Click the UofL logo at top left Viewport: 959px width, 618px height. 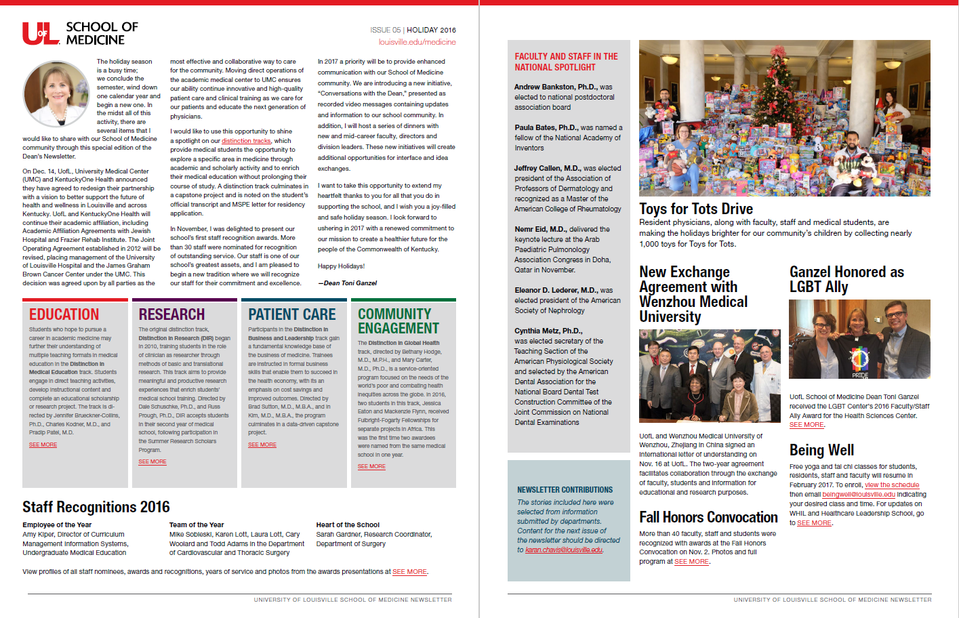(x=40, y=33)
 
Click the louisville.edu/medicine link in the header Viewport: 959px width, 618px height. (x=417, y=42)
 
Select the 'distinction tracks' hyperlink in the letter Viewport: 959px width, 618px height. (x=246, y=141)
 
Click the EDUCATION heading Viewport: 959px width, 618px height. (x=64, y=314)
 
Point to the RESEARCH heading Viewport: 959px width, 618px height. (x=171, y=314)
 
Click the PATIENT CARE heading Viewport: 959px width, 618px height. (x=291, y=314)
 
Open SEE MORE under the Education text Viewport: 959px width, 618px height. (x=43, y=445)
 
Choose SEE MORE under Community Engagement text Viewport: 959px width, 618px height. (x=371, y=467)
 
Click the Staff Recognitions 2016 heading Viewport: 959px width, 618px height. (x=96, y=507)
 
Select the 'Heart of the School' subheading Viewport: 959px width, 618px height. (x=348, y=524)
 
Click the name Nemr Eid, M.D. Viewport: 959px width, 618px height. (x=540, y=229)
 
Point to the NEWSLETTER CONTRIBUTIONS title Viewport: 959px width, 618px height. (x=565, y=490)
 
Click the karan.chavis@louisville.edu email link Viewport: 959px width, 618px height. (x=563, y=550)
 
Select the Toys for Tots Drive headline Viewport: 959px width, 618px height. (x=696, y=209)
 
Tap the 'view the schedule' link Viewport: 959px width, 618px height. (x=892, y=485)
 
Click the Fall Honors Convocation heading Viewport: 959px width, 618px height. (x=708, y=518)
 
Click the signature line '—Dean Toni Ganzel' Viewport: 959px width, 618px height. (x=347, y=283)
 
